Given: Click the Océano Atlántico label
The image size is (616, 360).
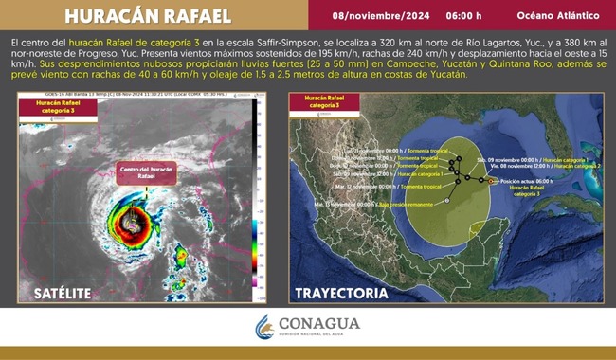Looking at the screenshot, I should click(557, 15).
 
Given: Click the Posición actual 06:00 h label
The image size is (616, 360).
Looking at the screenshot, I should click(529, 179).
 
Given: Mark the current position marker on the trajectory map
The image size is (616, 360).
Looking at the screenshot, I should click(490, 180).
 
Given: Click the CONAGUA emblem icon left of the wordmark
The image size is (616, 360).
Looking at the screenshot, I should click(264, 327).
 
